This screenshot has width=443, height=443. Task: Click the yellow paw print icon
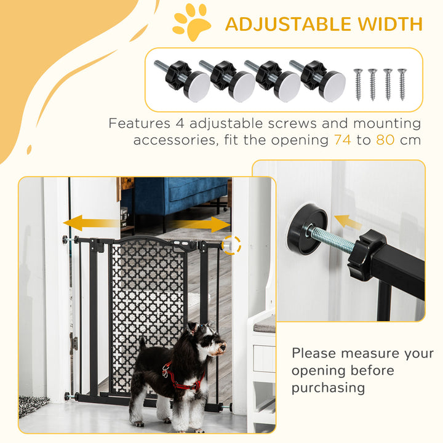pos(191,23)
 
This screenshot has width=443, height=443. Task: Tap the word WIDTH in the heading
pos(391,24)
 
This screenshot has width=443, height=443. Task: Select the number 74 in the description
pos(343,140)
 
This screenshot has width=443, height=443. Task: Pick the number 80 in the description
pos(385,140)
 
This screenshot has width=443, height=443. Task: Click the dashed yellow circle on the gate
pos(231,244)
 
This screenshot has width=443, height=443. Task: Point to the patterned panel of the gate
pos(147,289)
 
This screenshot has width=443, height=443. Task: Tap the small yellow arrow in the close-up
pos(345,221)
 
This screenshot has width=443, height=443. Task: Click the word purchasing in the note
pos(328,388)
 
